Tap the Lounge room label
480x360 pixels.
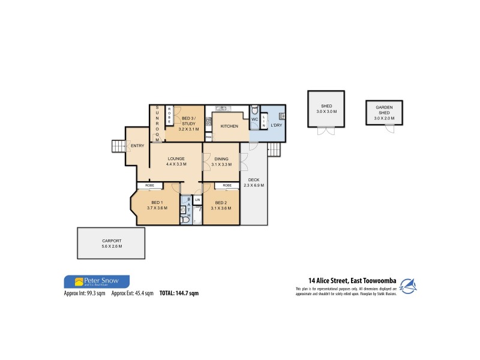tap(176, 158)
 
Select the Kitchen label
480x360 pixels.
tap(229, 127)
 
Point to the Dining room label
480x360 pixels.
tap(221, 158)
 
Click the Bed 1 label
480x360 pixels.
tap(158, 202)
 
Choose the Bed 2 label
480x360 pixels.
tap(221, 202)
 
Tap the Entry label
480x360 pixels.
tap(137, 146)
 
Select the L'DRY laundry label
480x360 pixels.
tap(276, 125)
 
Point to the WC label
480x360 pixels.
tap(254, 119)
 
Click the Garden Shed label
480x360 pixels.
tap(384, 109)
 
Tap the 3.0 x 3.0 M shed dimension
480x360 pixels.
tap(327, 112)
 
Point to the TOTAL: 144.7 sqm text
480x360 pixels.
tap(179, 294)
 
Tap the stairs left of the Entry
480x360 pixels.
tap(117, 146)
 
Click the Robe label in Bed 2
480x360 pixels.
tap(227, 186)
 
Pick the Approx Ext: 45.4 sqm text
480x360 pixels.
tap(133, 294)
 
